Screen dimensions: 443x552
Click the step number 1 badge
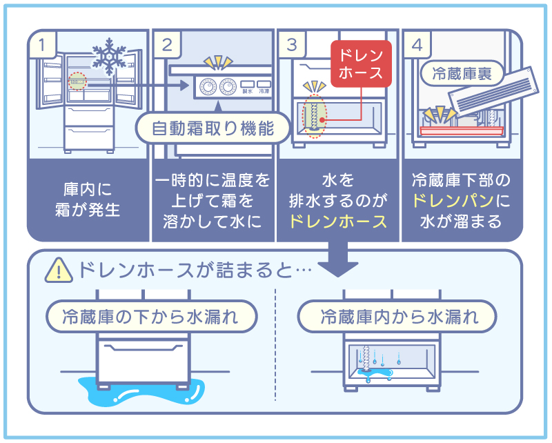pos(43,46)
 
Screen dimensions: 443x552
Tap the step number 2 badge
pos(168,46)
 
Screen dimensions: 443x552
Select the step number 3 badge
pos(292,46)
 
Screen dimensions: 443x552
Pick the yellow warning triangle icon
pos(58,271)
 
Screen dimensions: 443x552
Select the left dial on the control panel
pos(206,88)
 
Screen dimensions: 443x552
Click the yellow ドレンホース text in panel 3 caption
pos(337,222)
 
